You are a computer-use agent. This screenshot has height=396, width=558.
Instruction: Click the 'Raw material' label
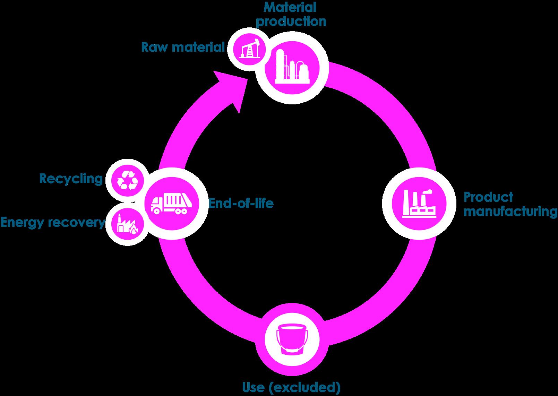[x=183, y=47]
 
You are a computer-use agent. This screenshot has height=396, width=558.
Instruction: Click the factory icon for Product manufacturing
[x=418, y=204]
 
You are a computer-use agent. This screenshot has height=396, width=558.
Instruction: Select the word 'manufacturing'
[x=510, y=211]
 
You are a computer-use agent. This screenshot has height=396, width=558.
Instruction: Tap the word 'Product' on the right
[x=488, y=197]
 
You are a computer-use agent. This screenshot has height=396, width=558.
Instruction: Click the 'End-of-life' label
[x=241, y=203]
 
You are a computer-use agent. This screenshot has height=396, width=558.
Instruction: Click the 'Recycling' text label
[x=71, y=179]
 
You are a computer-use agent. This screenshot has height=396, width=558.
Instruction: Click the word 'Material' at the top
[x=291, y=7]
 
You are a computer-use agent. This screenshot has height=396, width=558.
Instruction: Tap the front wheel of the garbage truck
[x=157, y=210]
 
